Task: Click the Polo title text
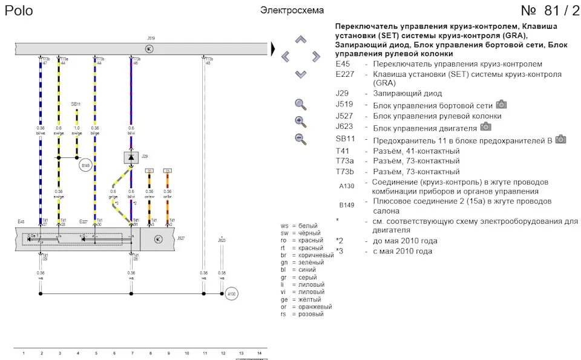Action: tap(19, 11)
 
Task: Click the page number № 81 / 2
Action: tap(549, 11)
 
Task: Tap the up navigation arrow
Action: tap(301, 40)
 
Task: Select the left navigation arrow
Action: tap(286, 57)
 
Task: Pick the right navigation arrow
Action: tap(315, 57)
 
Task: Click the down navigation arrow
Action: tap(301, 74)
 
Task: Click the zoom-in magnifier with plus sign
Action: tap(301, 121)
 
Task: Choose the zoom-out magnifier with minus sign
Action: tap(301, 139)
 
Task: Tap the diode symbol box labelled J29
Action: tap(131, 157)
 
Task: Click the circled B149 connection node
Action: tap(86, 165)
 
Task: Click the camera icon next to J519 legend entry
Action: tap(501, 104)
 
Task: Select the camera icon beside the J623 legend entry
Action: tap(485, 126)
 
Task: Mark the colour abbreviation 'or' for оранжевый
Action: tap(284, 307)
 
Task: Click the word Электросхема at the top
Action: tap(292, 10)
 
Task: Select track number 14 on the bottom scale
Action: tap(258, 352)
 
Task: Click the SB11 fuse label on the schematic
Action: tap(76, 104)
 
